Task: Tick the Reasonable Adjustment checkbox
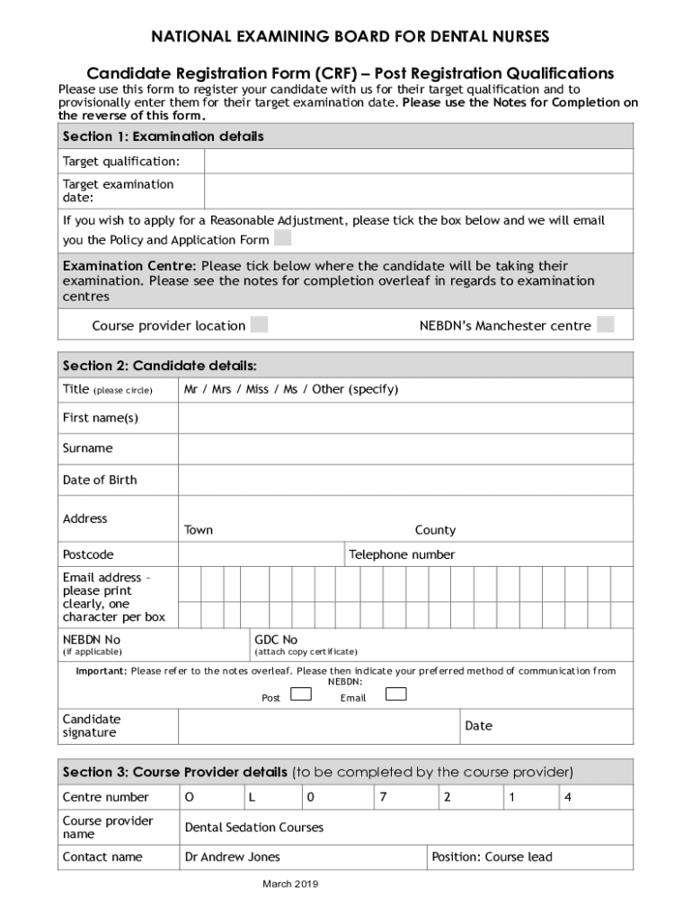282,238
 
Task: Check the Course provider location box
259,324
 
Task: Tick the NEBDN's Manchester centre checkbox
606,324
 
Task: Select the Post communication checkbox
301,694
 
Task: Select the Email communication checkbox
395,694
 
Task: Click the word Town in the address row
199,530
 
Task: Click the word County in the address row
435,530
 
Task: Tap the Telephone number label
402,554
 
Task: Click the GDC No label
276,640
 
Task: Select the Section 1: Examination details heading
163,137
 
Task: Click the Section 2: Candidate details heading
159,366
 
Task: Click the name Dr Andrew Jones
232,857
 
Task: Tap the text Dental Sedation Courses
253,827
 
